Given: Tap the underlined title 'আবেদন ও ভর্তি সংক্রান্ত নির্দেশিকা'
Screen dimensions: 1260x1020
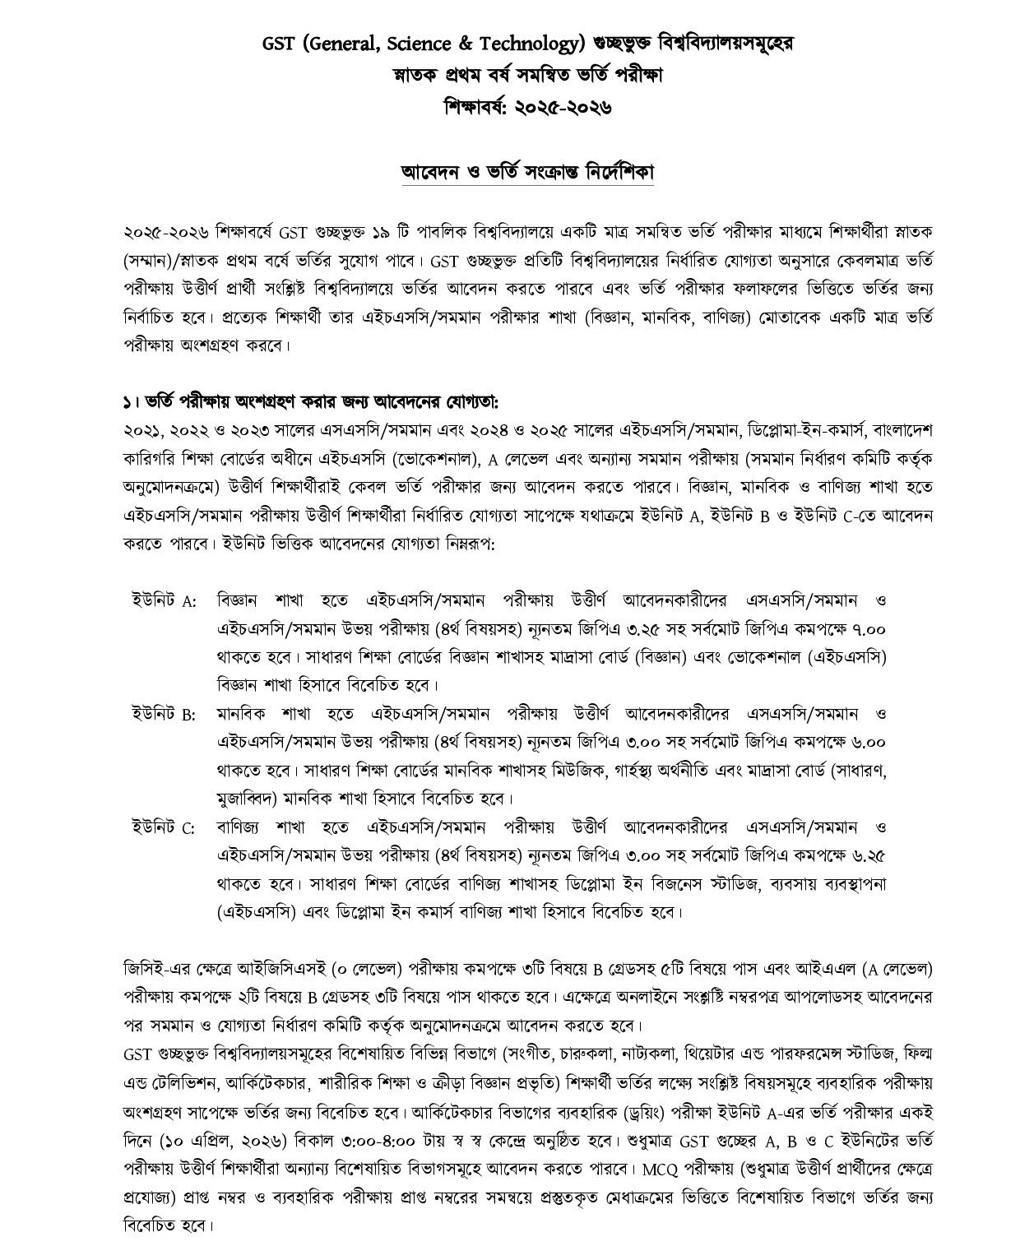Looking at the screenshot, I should (526, 174).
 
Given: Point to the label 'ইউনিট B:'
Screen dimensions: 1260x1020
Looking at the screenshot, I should (164, 713).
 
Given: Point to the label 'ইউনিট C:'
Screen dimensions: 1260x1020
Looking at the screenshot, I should (164, 827).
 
